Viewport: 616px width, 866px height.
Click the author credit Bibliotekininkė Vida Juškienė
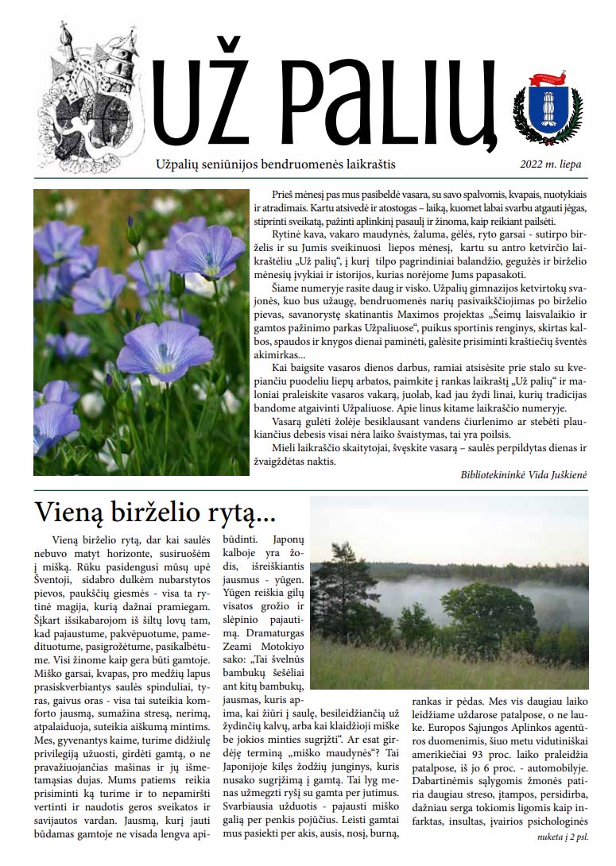tap(523, 474)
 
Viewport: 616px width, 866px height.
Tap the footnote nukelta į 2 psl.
tap(556, 837)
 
